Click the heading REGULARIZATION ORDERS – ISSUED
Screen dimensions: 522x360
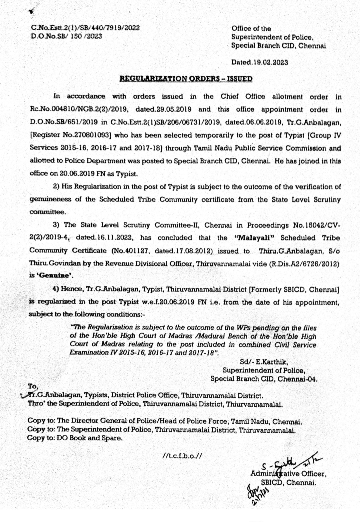[186, 79]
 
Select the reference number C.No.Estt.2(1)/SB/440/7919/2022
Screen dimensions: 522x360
[85, 28]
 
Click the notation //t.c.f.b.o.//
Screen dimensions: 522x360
[182, 456]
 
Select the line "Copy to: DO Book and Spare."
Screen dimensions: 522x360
[75, 438]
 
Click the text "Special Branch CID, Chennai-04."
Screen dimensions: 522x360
[264, 379]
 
